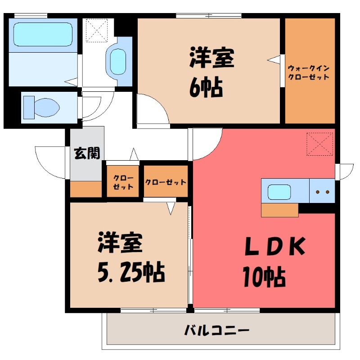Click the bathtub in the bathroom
[x=43, y=33]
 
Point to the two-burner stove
[x=322, y=191]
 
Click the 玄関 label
[x=87, y=153]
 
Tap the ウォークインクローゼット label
[x=309, y=72]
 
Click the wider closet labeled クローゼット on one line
[x=166, y=182]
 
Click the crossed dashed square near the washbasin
[x=97, y=30]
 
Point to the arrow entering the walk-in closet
[x=274, y=59]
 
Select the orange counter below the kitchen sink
[x=279, y=210]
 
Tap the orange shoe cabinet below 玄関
[x=86, y=189]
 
